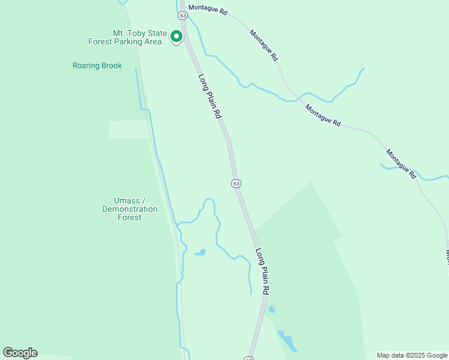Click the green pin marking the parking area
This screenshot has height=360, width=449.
(x=176, y=37)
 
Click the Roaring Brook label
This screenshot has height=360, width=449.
(x=97, y=65)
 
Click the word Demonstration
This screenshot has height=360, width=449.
(x=130, y=209)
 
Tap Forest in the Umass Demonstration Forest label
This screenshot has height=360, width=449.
(x=129, y=217)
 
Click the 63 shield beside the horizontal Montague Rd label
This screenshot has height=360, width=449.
(x=182, y=16)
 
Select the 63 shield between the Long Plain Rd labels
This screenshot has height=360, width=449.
(x=236, y=183)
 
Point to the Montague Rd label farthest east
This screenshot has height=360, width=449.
(x=401, y=164)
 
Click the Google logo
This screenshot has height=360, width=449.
(x=20, y=353)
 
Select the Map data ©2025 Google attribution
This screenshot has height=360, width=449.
(x=412, y=355)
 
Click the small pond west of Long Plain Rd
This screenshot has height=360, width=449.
(x=200, y=253)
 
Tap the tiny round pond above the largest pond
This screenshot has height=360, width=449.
(x=271, y=310)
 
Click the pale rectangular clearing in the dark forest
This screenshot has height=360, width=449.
(x=128, y=129)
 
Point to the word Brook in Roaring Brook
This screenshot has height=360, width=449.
(x=111, y=65)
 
